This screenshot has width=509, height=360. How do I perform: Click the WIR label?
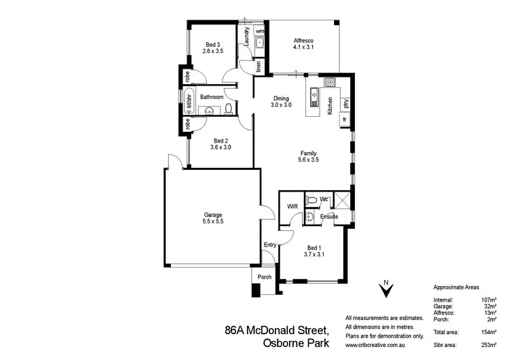click(x=293, y=205)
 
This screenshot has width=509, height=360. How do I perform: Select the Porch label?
click(x=263, y=276)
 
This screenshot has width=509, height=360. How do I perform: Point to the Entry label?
click(x=270, y=245)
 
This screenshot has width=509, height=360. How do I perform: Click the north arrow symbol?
click(x=385, y=291)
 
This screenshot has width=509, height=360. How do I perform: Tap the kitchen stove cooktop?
click(x=330, y=83)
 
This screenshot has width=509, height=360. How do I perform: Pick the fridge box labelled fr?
click(x=345, y=120)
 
